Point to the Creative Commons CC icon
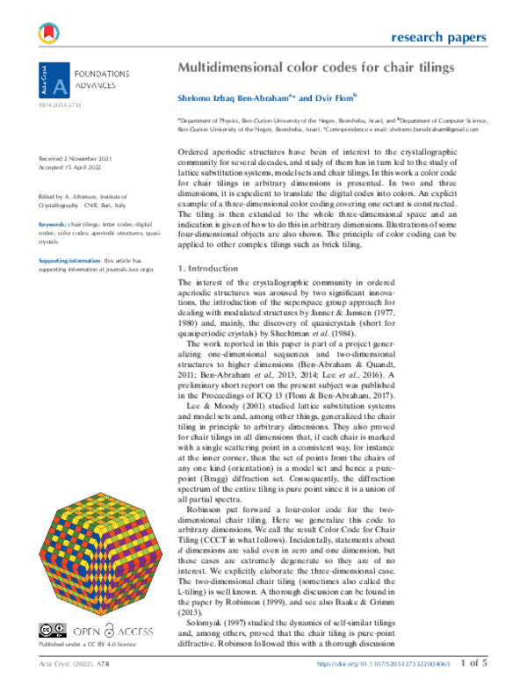pos(47,628)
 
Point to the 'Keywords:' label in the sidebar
pos(53,200)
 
